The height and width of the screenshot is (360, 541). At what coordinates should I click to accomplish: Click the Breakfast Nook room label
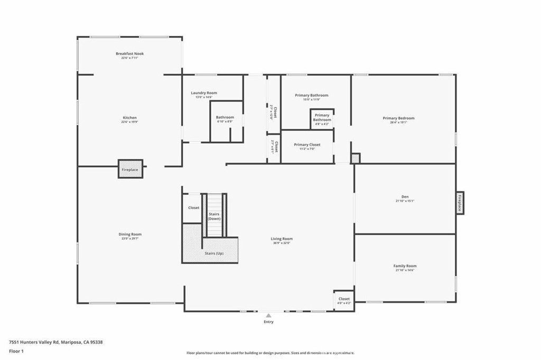click(130, 53)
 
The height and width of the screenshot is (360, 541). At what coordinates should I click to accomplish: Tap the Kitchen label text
click(130, 118)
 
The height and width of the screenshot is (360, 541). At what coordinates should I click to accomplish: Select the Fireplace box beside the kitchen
click(130, 169)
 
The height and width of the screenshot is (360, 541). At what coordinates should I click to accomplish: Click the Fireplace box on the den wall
click(460, 203)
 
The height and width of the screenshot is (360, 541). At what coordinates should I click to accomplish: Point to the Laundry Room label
click(204, 93)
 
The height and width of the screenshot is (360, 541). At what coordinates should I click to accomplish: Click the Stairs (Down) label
click(214, 216)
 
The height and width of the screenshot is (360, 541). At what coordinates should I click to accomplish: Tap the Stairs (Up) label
click(214, 253)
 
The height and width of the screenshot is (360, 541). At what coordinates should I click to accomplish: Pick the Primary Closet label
click(307, 145)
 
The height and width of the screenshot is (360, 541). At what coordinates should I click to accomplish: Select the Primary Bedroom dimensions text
click(398, 122)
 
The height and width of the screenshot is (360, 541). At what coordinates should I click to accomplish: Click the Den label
click(405, 197)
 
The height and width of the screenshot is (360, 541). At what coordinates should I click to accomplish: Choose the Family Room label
click(405, 266)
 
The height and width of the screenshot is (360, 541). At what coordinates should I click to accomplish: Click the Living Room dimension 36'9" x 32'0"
click(282, 243)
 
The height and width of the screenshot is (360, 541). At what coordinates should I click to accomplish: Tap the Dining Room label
click(130, 234)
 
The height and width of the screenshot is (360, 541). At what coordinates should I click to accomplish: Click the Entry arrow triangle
click(268, 315)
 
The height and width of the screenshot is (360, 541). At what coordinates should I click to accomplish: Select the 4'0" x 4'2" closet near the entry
click(344, 300)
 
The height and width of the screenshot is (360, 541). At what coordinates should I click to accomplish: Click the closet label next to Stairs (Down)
click(194, 207)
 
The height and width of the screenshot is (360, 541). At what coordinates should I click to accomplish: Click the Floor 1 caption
click(16, 351)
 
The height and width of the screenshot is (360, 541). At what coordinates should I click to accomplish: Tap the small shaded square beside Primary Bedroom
click(356, 158)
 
